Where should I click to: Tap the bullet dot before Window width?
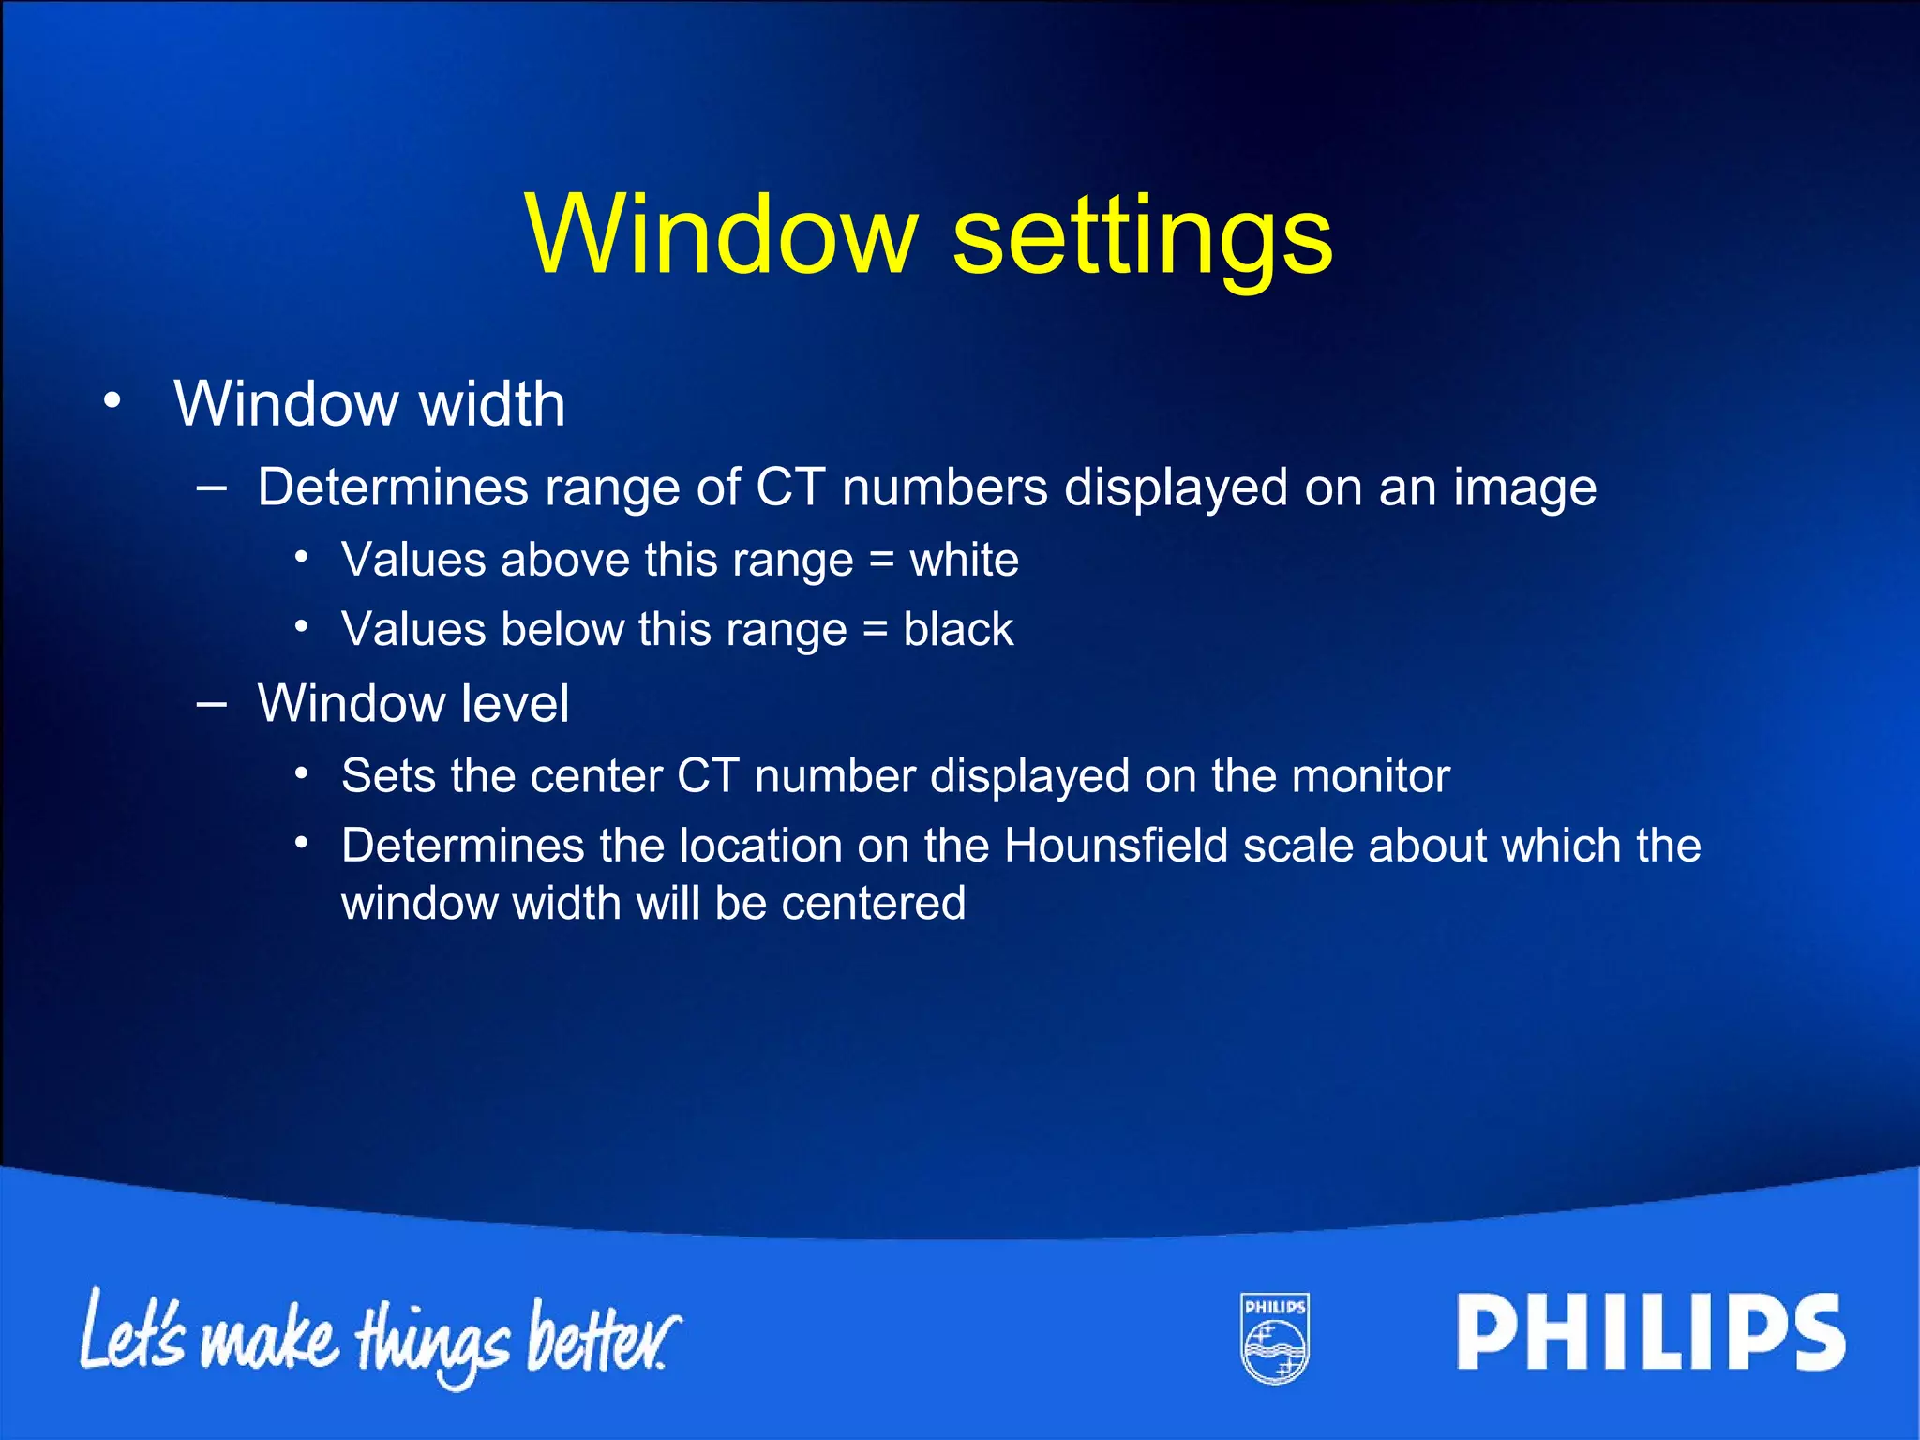click(x=112, y=401)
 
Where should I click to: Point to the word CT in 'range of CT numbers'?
click(x=790, y=487)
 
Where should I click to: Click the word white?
click(x=964, y=560)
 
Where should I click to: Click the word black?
click(x=958, y=628)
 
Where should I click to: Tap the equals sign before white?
click(x=881, y=562)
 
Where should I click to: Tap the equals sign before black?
click(x=875, y=630)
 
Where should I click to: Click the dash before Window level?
click(x=213, y=703)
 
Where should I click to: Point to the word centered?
click(x=873, y=904)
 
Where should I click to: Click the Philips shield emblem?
click(x=1275, y=1338)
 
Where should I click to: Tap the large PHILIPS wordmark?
click(x=1650, y=1332)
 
